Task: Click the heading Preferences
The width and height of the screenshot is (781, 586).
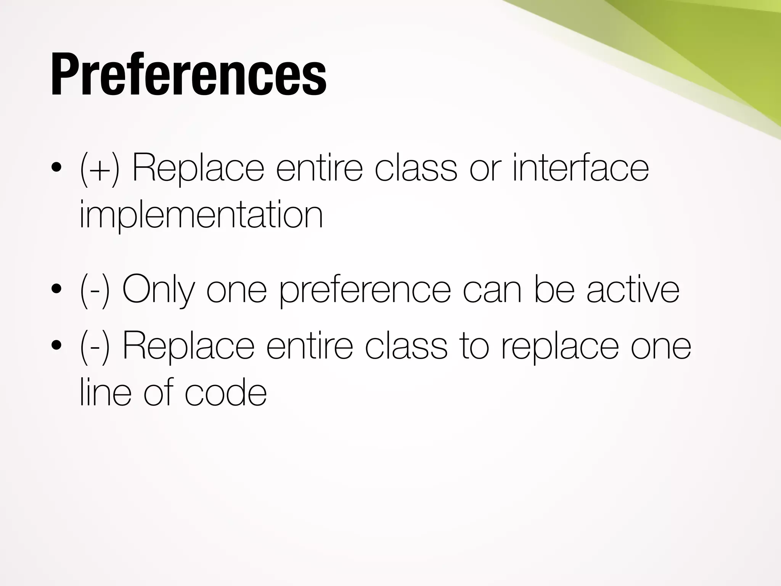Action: click(x=189, y=74)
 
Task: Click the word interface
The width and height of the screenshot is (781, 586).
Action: click(x=580, y=168)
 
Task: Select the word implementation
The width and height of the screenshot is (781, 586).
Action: click(x=201, y=216)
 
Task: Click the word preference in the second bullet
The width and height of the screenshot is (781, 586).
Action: click(x=365, y=291)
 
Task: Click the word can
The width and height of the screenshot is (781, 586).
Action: click(x=492, y=291)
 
